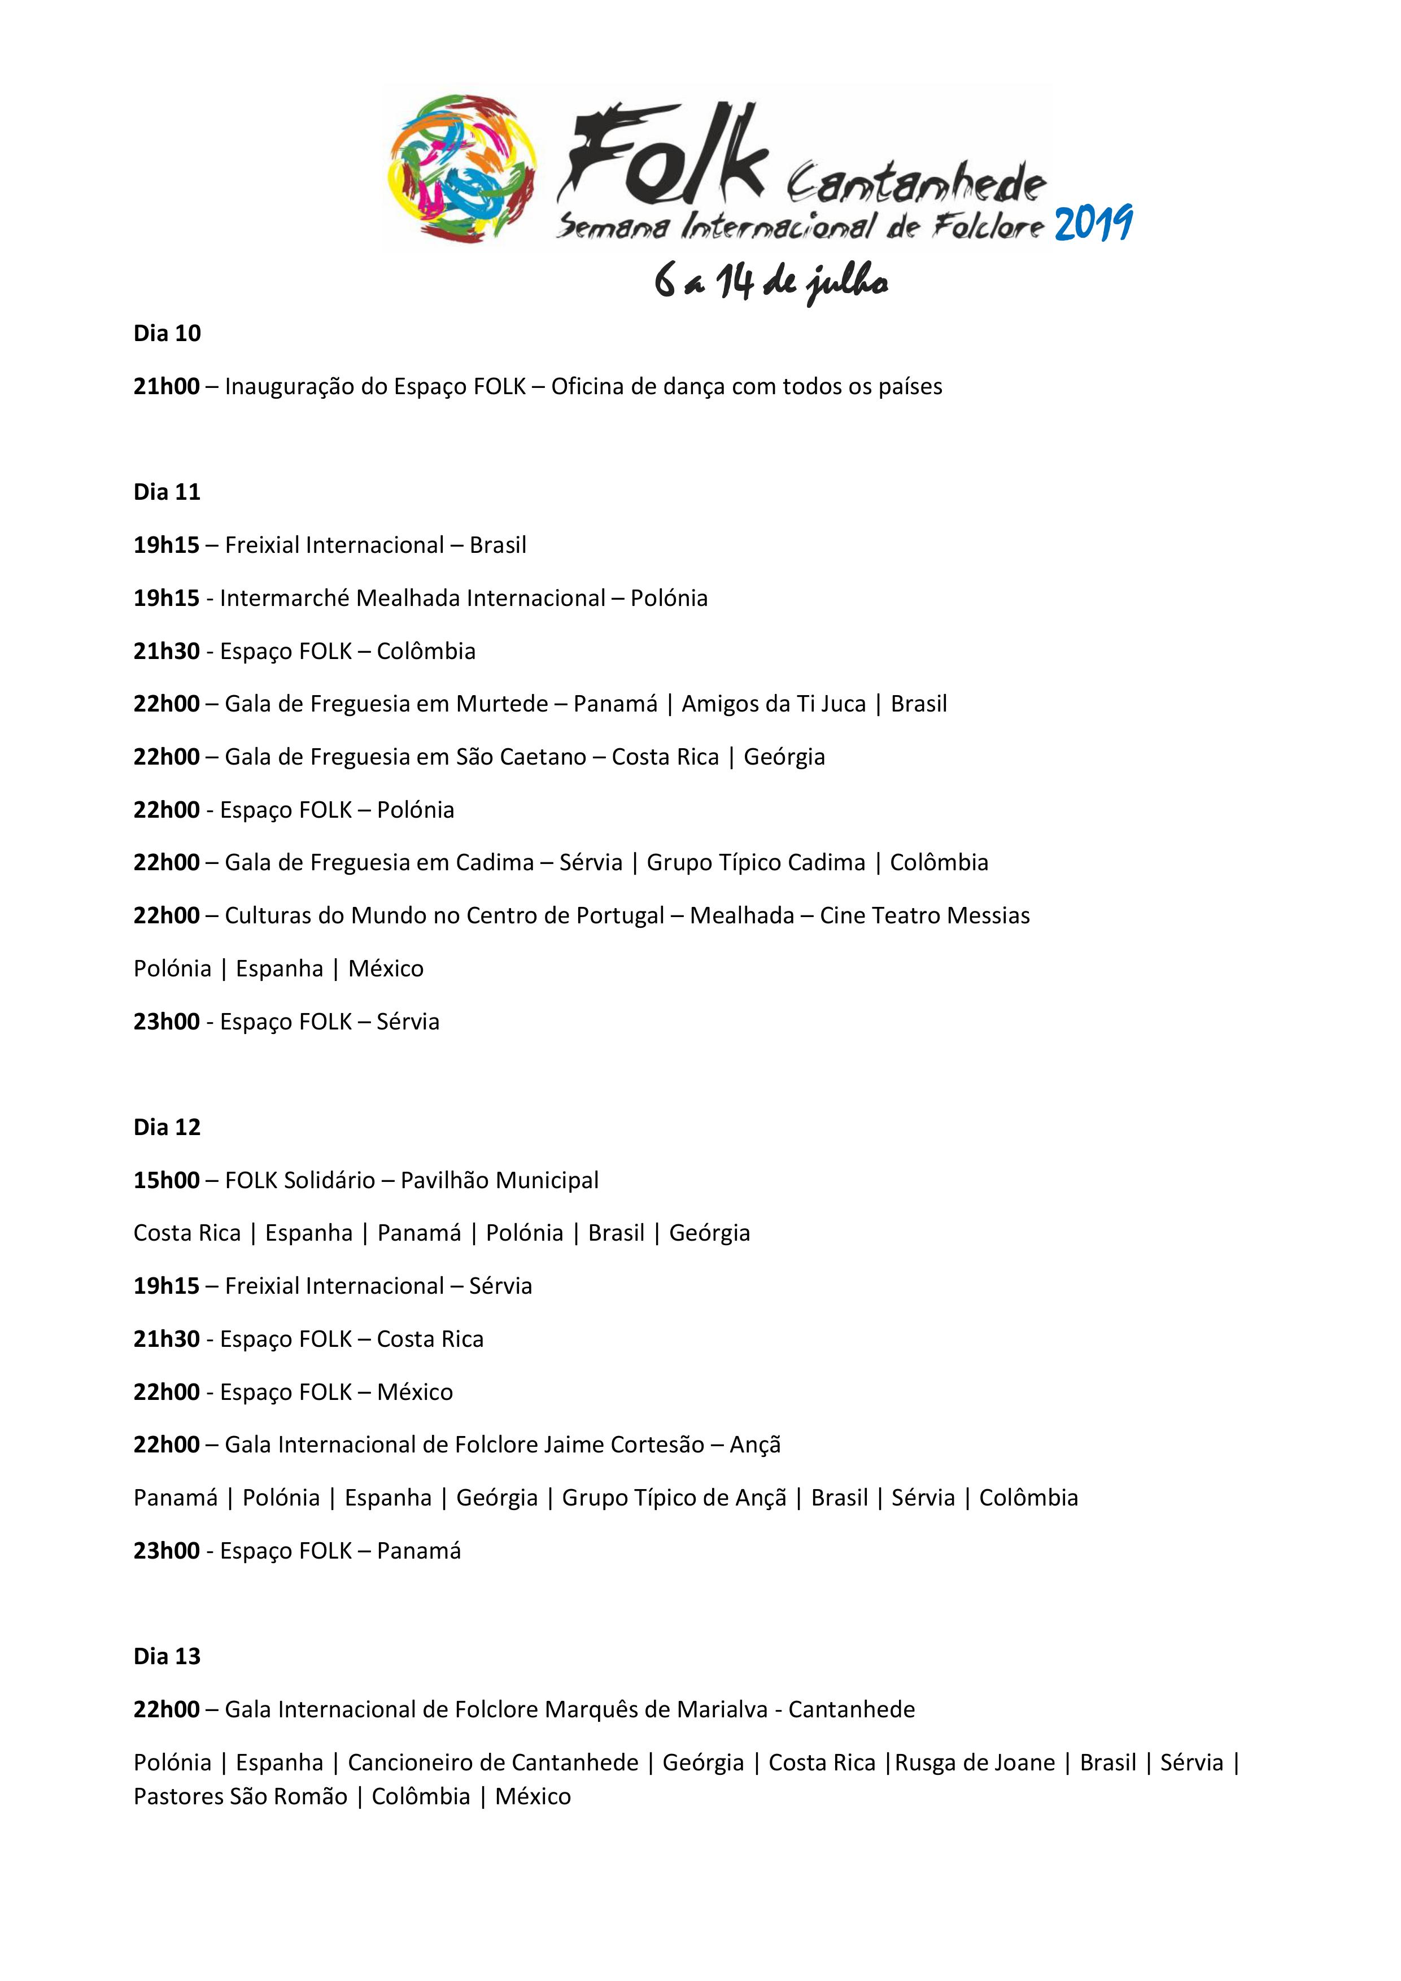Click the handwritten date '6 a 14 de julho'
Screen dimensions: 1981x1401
770,282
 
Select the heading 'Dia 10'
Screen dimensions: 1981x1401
167,334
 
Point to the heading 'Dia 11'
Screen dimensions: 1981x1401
167,492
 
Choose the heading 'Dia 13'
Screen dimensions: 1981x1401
167,1657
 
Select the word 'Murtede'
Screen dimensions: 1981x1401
502,704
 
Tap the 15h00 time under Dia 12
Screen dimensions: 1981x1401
167,1180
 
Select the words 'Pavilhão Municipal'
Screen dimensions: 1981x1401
500,1180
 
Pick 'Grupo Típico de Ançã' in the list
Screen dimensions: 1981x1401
674,1498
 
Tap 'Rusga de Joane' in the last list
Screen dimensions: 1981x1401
975,1762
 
